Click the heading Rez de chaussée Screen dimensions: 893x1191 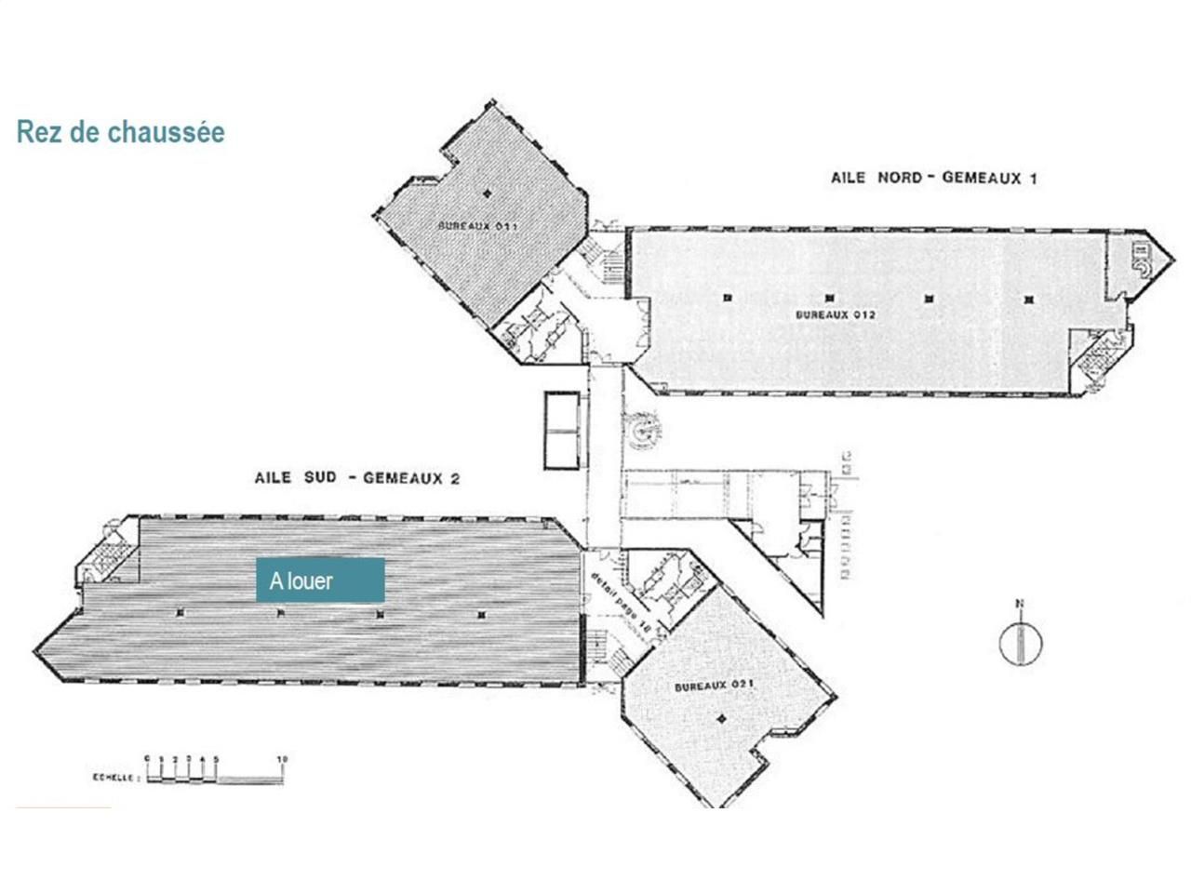coord(121,132)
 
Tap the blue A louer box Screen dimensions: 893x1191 coord(320,580)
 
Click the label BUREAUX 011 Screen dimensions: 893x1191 coord(477,226)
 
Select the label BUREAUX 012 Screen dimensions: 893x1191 coord(835,314)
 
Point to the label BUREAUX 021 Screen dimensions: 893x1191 coord(713,686)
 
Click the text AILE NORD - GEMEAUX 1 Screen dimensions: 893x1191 coord(932,178)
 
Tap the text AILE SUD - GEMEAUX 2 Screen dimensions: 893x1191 coord(357,478)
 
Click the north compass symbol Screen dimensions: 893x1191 coord(1020,644)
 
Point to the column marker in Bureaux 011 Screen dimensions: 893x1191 coord(487,193)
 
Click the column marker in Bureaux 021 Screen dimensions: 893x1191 coord(722,717)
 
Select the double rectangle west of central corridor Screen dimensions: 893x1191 coord(562,430)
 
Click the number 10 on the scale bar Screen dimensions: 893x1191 coord(282,759)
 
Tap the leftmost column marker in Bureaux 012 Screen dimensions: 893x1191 coord(727,298)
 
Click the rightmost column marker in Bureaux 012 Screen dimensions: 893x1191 coord(1028,300)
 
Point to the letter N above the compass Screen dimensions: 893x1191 coord(1019,605)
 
